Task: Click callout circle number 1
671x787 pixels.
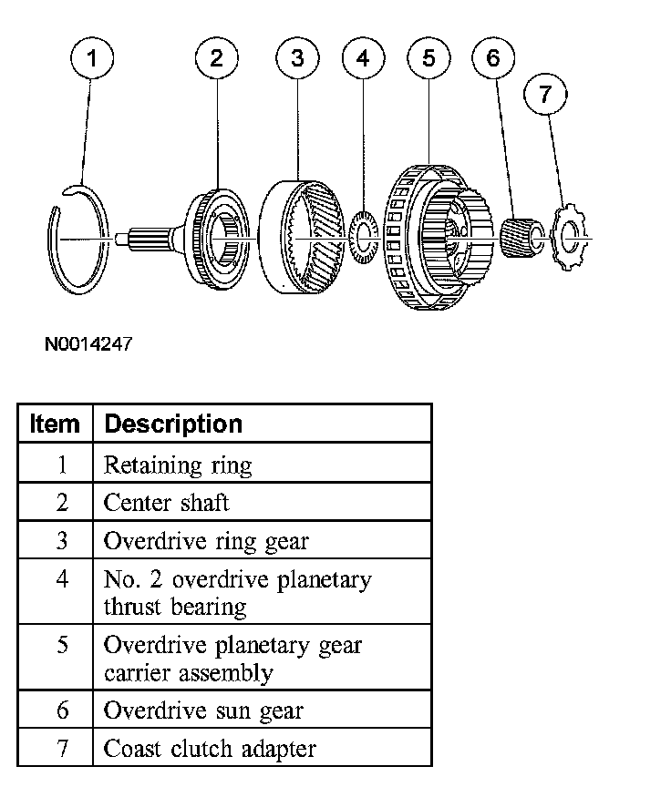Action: (91, 60)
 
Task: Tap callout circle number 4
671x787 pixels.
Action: (363, 60)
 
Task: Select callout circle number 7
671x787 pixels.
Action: (546, 96)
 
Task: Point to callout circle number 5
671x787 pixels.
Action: (428, 60)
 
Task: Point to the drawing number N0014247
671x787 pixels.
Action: (88, 345)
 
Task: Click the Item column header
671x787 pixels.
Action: (55, 424)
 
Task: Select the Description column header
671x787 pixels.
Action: (173, 424)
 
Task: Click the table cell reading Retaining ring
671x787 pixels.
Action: (178, 465)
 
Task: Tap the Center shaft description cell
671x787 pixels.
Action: (166, 502)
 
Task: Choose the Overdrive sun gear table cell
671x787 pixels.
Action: (203, 710)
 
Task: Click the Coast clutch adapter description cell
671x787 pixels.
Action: (210, 749)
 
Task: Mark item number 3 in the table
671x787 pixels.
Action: (61, 540)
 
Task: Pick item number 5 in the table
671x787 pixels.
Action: (61, 645)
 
